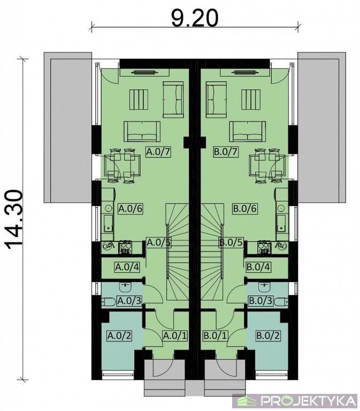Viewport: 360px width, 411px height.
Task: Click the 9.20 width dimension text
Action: coord(195,18)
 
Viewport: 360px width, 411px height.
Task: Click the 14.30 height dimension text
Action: coord(14,219)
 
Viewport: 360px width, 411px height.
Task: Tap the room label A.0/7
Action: coord(158,152)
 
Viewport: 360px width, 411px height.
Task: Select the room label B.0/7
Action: coord(226,152)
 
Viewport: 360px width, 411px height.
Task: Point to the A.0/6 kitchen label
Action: coord(131,209)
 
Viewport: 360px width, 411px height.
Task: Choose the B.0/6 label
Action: coord(244,209)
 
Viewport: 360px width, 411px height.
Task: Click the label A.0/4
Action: coord(127,267)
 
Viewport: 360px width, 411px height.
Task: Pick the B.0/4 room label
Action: coord(258,267)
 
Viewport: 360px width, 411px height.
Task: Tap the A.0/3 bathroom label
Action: coord(129,301)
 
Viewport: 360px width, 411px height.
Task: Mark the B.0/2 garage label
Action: coord(268,336)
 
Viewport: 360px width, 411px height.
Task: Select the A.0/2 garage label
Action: coord(119,336)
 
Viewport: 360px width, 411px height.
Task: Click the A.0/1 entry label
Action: coord(175,336)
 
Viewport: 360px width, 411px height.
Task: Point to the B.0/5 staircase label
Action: coord(231,242)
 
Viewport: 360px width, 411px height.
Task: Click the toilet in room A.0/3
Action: coord(108,302)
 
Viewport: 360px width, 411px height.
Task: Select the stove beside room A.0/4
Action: coord(126,247)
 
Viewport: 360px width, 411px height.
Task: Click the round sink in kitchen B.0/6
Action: coord(281,208)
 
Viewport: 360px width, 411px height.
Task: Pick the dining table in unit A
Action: coord(122,166)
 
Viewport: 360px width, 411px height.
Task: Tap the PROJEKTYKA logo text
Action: coord(309,401)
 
